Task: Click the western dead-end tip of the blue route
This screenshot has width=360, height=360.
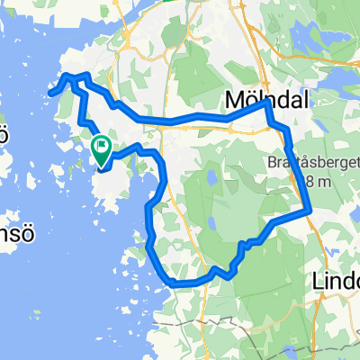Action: coord(51,92)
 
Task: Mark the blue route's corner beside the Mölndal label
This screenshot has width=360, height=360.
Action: coord(266,103)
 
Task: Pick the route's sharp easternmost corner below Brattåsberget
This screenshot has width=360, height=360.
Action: coord(310,212)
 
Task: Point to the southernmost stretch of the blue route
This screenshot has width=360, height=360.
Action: coord(180,284)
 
